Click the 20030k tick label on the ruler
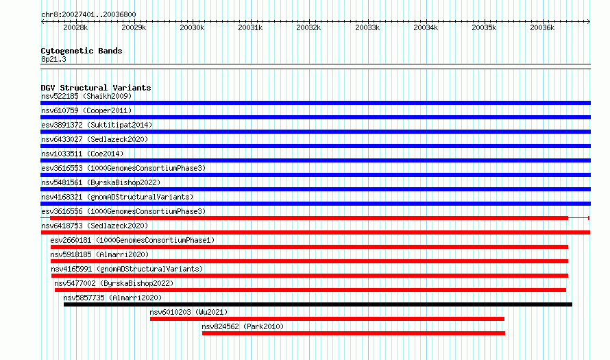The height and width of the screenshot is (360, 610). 192,27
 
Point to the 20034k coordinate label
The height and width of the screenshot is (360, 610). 426,27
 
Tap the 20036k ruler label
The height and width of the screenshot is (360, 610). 542,27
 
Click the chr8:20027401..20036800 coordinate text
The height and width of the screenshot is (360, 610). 88,15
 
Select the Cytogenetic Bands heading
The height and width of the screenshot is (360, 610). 82,51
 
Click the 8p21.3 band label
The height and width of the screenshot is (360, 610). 53,59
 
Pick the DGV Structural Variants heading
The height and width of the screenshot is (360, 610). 96,88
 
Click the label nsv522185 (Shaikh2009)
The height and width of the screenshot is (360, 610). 86,96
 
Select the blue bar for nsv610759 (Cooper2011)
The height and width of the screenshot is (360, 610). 315,117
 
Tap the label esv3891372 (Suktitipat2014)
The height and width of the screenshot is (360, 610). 97,125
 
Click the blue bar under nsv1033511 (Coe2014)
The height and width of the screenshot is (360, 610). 315,160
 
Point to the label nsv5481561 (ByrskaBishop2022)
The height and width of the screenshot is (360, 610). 101,182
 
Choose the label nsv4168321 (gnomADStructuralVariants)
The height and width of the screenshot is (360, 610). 117,197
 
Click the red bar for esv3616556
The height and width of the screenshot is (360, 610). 309,218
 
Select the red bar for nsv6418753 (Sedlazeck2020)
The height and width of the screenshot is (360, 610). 315,232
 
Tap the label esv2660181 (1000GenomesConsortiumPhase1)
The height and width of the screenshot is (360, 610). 132,240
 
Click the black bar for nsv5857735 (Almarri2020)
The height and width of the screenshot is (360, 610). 318,304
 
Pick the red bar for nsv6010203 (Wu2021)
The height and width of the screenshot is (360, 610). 327,319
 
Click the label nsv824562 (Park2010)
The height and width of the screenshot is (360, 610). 243,326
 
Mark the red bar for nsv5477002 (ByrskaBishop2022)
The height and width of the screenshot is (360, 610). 310,290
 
